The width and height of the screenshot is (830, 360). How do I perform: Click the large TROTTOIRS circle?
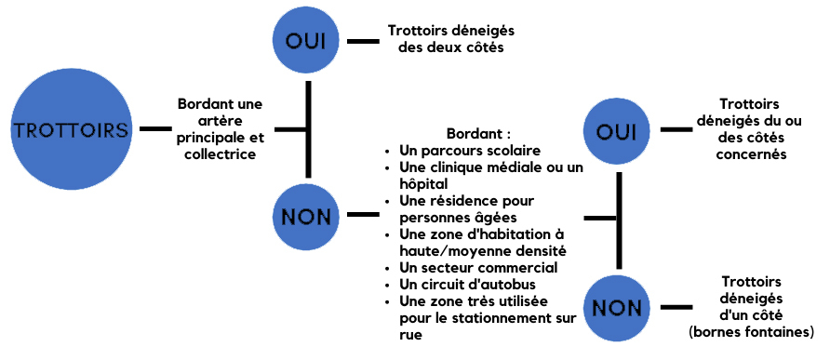click(x=70, y=129)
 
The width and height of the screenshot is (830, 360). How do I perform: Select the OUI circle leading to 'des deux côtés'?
click(x=308, y=41)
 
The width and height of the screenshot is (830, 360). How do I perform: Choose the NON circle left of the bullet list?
click(x=308, y=217)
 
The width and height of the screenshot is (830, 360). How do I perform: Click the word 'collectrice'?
click(x=221, y=154)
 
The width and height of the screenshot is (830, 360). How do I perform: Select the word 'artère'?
click(x=221, y=120)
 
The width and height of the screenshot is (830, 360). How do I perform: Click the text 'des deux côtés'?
click(x=450, y=49)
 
